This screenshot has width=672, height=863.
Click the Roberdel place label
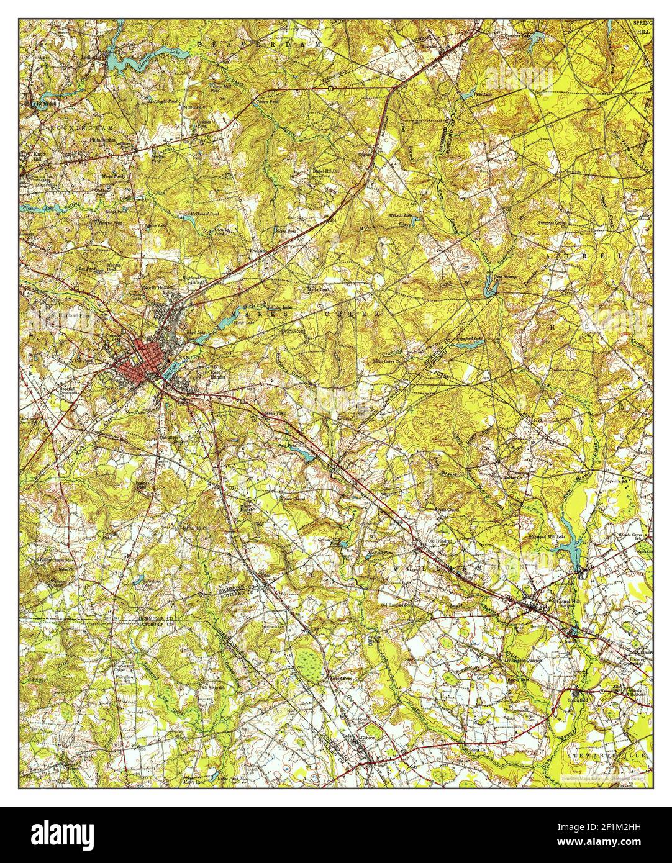coord(45,104)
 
